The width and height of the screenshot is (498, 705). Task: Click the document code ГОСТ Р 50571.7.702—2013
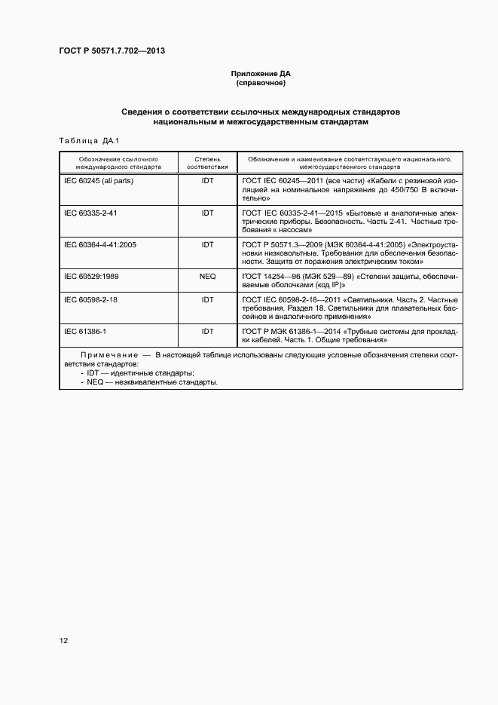point(112,51)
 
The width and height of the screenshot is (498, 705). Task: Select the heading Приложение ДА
point(260,74)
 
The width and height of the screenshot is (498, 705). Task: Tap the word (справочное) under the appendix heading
point(260,83)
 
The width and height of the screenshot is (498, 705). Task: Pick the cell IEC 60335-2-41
point(90,213)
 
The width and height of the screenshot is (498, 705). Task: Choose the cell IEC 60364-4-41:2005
point(100,245)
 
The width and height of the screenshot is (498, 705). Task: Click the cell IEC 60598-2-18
point(90,299)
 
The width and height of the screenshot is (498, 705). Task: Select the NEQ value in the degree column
point(207,277)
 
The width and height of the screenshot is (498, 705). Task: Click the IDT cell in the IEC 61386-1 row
point(207,331)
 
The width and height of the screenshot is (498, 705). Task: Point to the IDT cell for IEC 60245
point(207,182)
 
